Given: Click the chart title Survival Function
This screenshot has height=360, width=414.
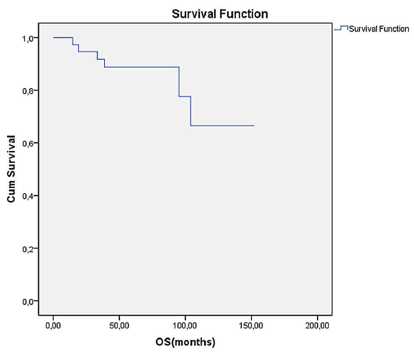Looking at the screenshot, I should click(220, 14).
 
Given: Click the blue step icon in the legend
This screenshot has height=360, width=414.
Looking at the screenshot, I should click(341, 28).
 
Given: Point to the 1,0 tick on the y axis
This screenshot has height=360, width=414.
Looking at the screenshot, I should click(28, 38).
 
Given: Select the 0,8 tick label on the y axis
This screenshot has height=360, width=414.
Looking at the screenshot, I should click(28, 91).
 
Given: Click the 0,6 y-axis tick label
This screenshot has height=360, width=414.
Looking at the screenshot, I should click(28, 143).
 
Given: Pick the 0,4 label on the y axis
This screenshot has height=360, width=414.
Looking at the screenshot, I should click(28, 196).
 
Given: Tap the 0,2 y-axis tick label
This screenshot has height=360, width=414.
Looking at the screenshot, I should click(28, 248).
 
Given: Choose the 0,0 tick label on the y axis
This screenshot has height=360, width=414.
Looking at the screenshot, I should click(28, 301).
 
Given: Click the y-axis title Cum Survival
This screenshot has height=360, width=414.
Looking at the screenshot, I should click(12, 169).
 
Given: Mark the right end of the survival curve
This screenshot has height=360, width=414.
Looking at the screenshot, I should click(254, 125).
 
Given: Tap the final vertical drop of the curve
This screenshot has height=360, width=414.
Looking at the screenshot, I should click(191, 111).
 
